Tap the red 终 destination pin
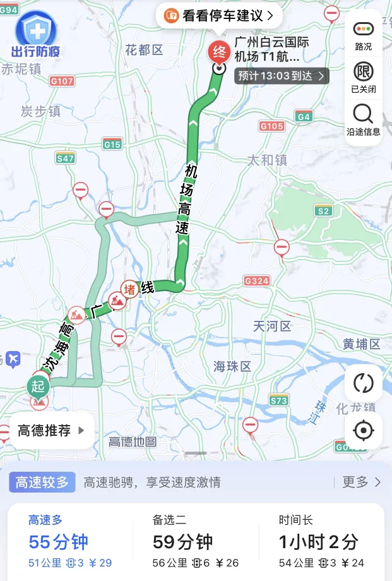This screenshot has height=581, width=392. pyautogui.click(x=220, y=51)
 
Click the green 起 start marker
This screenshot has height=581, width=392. pyautogui.click(x=39, y=385)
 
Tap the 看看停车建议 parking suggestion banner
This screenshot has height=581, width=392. pyautogui.click(x=218, y=16)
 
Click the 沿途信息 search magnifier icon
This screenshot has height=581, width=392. pyautogui.click(x=363, y=114)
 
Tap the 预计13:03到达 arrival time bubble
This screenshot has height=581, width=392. pyautogui.click(x=282, y=76)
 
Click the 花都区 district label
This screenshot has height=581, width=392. pyautogui.click(x=144, y=50)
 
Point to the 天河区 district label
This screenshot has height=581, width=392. pyautogui.click(x=272, y=326)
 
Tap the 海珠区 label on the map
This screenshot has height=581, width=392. pyautogui.click(x=232, y=366)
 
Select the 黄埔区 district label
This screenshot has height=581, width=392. pyautogui.click(x=362, y=344)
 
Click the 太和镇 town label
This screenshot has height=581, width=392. pyautogui.click(x=267, y=160)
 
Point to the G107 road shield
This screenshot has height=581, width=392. pyautogui.click(x=62, y=81)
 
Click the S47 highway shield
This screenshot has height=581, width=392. pyautogui.click(x=65, y=158)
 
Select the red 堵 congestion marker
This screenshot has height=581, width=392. pyautogui.click(x=130, y=289)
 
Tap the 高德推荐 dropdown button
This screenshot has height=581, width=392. pyautogui.click(x=51, y=431)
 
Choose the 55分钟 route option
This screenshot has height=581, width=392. pyautogui.click(x=59, y=541)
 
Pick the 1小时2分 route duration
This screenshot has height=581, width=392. pyautogui.click(x=319, y=541)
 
